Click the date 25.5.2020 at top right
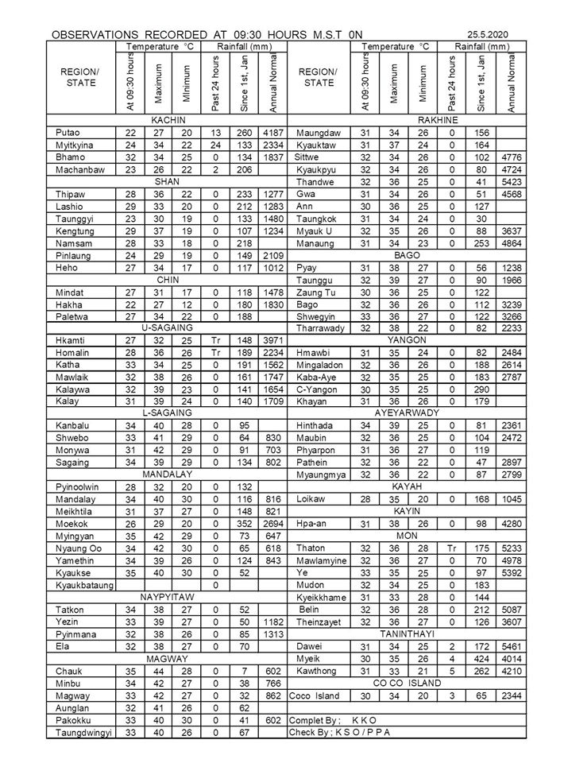(x=488, y=36)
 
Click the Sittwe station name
(x=307, y=157)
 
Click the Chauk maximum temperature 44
(x=159, y=671)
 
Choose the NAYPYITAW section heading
(x=165, y=595)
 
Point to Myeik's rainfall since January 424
(x=481, y=658)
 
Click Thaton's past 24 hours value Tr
(x=451, y=548)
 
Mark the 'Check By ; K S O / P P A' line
(x=342, y=732)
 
